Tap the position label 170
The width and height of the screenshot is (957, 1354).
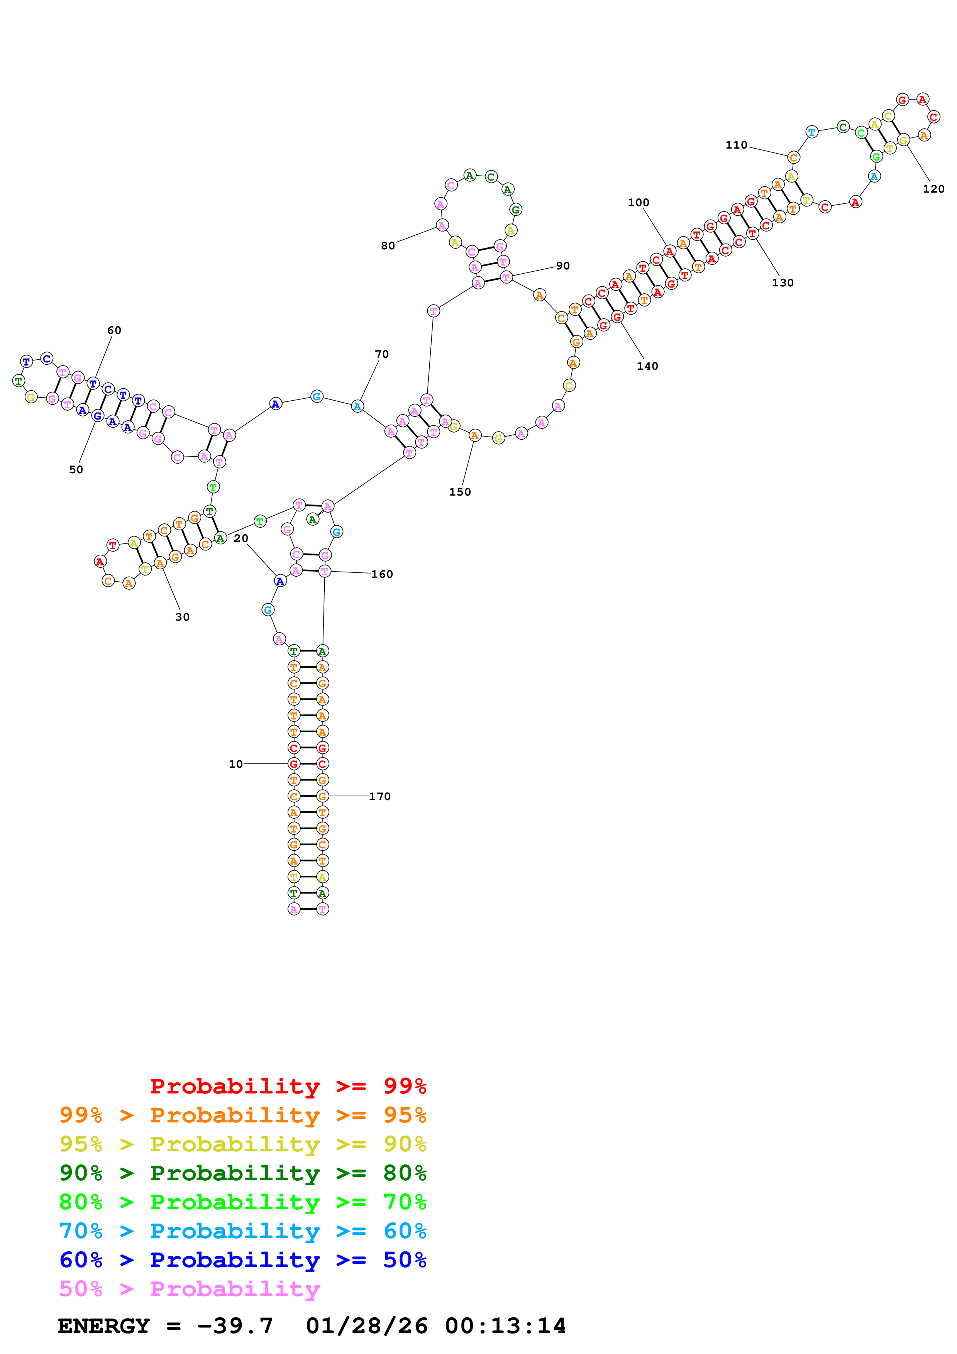pyautogui.click(x=380, y=797)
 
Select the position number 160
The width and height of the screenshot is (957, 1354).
pyautogui.click(x=382, y=574)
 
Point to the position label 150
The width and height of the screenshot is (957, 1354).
pyautogui.click(x=460, y=493)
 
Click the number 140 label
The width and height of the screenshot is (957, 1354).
pyautogui.click(x=647, y=366)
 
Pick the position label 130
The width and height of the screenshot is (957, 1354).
pyautogui.click(x=783, y=283)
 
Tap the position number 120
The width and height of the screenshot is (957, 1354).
pyautogui.click(x=933, y=189)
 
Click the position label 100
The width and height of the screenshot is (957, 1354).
pyautogui.click(x=638, y=203)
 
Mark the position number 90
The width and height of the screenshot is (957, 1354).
pyautogui.click(x=563, y=266)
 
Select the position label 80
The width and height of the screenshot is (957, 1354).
pyautogui.click(x=388, y=246)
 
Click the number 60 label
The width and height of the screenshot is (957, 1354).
pyautogui.click(x=114, y=331)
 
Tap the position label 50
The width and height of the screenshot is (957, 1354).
pyautogui.click(x=76, y=470)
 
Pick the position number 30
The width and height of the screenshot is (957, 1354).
pyautogui.click(x=182, y=618)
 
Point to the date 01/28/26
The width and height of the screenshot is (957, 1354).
pyautogui.click(x=366, y=1326)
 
